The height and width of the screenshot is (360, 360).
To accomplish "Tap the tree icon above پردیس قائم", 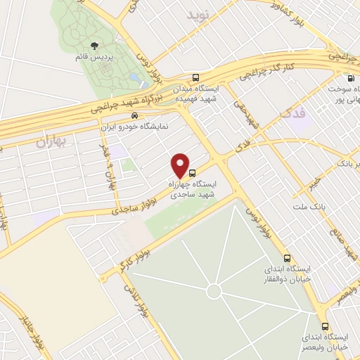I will tap(86, 46).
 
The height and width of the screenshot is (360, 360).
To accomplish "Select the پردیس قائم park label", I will tap(86, 56).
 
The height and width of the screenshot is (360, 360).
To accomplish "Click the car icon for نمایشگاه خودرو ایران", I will tap(134, 116).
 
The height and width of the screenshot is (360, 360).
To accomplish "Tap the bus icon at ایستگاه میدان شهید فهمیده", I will tap(195, 78).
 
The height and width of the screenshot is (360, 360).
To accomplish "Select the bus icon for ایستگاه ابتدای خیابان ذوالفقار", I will tap(286, 257).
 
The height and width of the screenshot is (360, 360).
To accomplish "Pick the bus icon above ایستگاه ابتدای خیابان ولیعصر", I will tap(325, 326).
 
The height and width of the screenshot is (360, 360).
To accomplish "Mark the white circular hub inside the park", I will tap(214, 290).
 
